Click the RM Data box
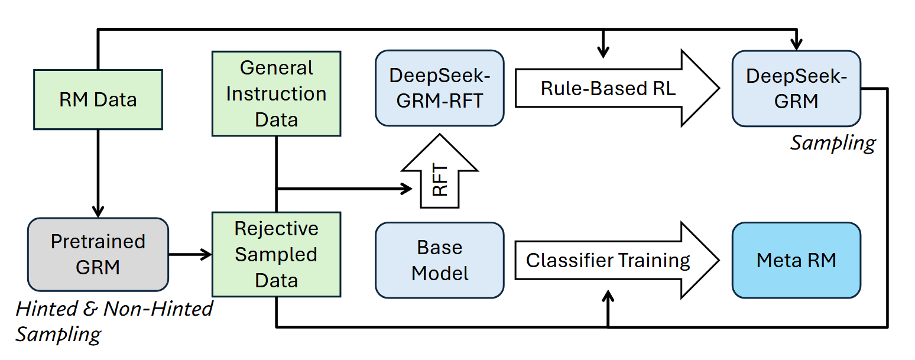pyautogui.click(x=98, y=99)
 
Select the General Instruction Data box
pyautogui.click(x=276, y=93)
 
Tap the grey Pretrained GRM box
pyautogui.click(x=98, y=254)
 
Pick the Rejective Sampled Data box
pyautogui.click(x=276, y=254)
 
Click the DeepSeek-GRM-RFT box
pyautogui.click(x=440, y=88)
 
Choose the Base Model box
pyautogui.click(x=440, y=260)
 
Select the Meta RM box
pyautogui.click(x=796, y=260)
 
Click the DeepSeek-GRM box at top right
pyautogui.click(x=796, y=88)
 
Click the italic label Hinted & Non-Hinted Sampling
pyautogui.click(x=112, y=321)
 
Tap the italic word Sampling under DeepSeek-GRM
pyautogui.click(x=833, y=142)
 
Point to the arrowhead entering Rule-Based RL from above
pyautogui.click(x=602, y=52)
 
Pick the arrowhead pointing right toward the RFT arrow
pyautogui.click(x=406, y=189)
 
